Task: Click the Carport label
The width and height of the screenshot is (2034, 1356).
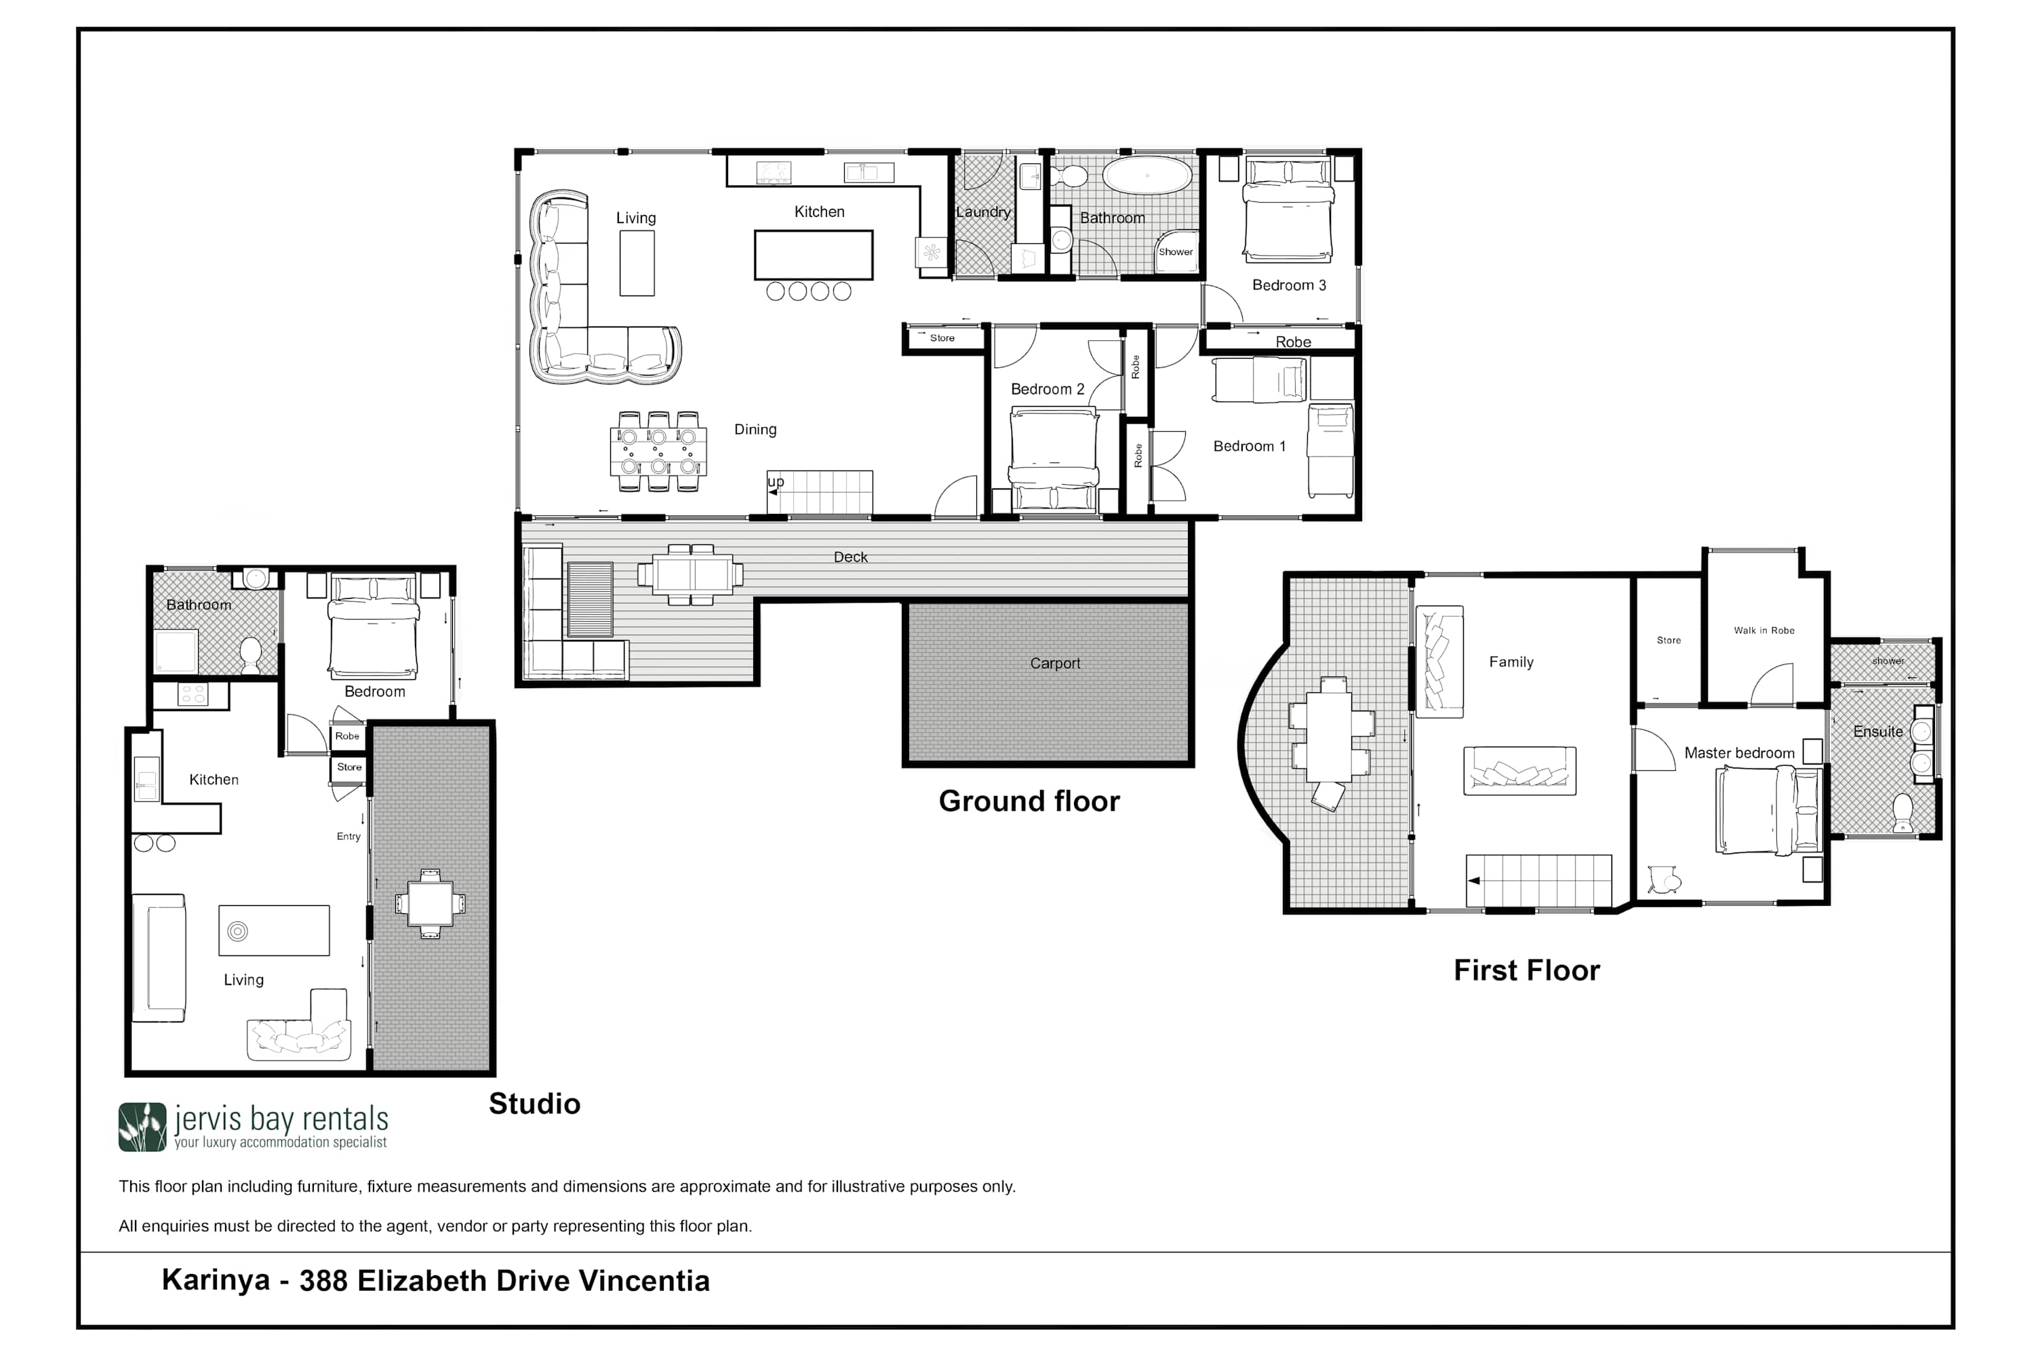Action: click(x=1054, y=663)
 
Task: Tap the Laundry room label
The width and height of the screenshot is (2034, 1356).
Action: click(x=983, y=212)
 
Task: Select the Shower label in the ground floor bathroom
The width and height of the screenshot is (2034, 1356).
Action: click(x=1175, y=252)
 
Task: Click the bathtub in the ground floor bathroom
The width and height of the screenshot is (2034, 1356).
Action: click(x=1148, y=175)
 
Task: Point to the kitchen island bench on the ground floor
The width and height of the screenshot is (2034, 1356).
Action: click(x=813, y=255)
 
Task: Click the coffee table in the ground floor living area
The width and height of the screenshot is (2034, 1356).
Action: click(x=637, y=264)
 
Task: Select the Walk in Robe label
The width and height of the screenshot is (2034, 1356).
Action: click(x=1763, y=631)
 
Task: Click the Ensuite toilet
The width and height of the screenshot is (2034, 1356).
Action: click(x=1902, y=812)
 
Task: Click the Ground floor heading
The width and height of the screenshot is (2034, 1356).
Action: click(x=1029, y=801)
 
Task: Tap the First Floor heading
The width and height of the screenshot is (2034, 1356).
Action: click(x=1526, y=970)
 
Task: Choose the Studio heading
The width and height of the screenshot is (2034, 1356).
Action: click(x=534, y=1104)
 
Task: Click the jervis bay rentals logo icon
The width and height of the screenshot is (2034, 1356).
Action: click(x=142, y=1127)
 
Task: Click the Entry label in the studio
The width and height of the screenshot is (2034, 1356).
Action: click(x=348, y=836)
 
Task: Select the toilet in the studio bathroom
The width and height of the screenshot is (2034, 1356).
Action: click(x=251, y=655)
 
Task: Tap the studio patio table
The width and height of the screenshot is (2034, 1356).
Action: click(x=430, y=904)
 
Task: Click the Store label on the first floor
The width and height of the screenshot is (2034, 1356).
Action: click(x=1668, y=640)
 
